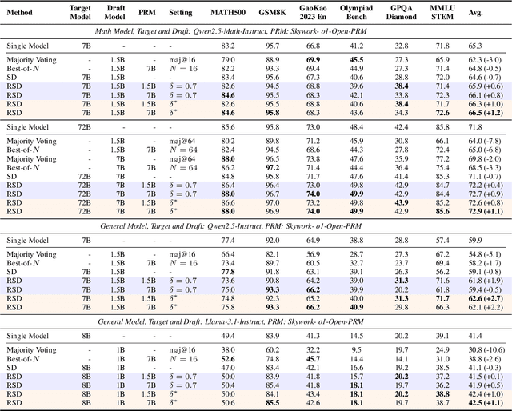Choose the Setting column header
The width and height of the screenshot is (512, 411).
tap(183, 14)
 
